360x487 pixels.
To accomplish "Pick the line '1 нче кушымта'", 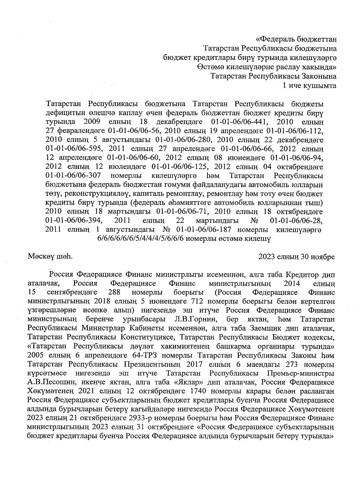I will point(310,86).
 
